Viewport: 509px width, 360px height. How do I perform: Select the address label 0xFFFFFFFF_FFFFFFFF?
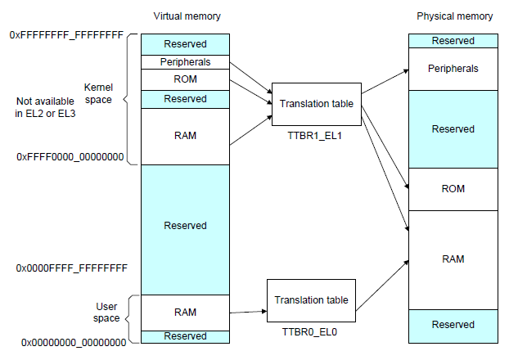(66, 35)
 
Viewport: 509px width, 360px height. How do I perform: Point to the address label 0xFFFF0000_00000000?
(70, 156)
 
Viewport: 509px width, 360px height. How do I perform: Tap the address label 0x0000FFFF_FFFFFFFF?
(70, 268)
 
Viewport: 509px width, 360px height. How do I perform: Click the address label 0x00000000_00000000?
(74, 341)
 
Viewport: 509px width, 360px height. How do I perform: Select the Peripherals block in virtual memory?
(185, 62)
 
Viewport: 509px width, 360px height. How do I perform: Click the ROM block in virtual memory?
(185, 80)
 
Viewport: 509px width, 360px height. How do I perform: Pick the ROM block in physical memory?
(453, 189)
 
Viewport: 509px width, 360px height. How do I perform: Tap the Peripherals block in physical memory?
(453, 69)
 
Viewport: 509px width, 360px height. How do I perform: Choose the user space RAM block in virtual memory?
(185, 312)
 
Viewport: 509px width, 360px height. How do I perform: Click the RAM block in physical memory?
(453, 259)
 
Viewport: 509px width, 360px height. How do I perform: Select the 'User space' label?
(106, 312)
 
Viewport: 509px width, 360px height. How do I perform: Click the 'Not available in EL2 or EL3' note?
(45, 106)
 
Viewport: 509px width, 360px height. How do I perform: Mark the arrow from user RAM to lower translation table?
(248, 312)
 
